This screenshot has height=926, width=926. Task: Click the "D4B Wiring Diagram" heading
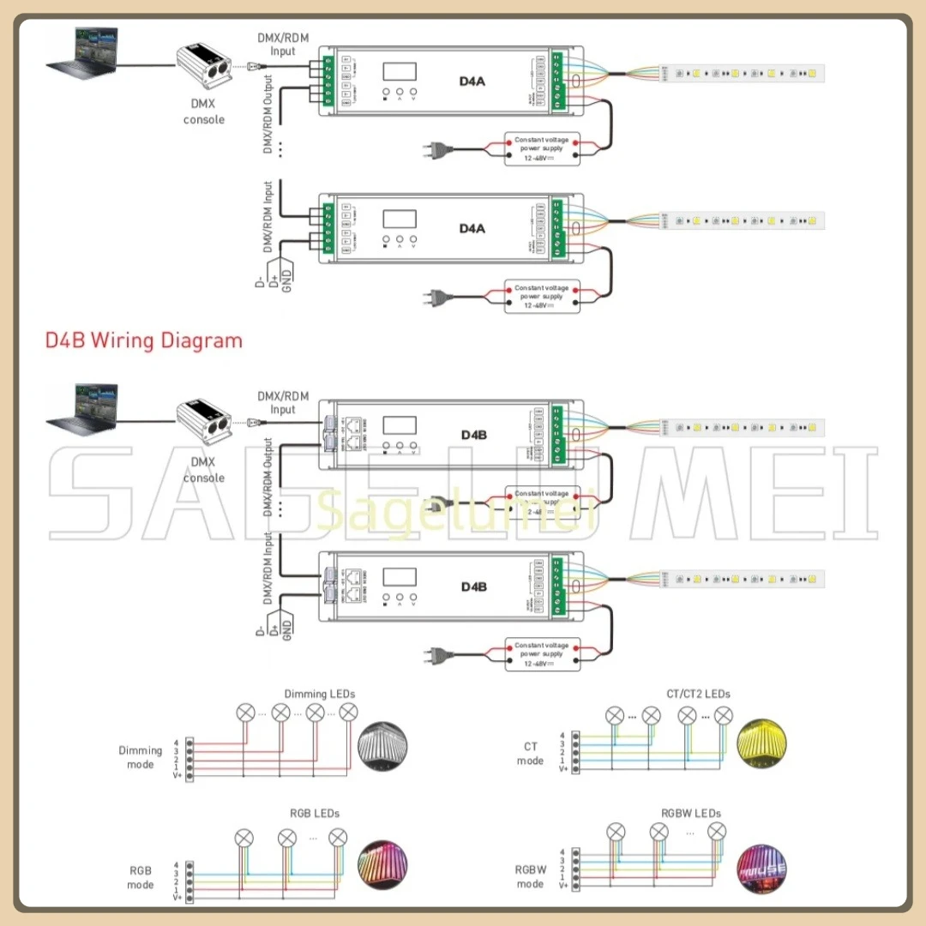point(144,340)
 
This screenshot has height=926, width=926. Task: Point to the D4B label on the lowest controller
point(473,586)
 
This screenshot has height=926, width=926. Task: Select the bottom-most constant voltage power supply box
point(542,655)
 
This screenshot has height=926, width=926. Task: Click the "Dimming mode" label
point(141,757)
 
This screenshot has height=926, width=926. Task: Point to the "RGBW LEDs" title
point(691,813)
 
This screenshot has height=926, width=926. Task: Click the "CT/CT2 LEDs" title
point(698,694)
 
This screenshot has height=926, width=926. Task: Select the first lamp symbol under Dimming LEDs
point(246,712)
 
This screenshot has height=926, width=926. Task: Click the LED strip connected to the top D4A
point(742,73)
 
